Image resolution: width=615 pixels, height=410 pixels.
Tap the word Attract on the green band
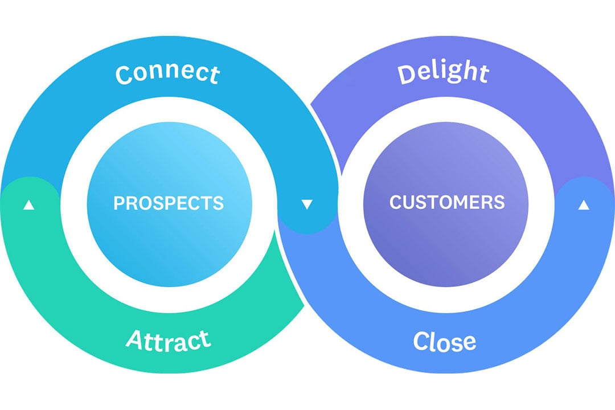(169, 340)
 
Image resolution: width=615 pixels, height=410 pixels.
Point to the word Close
(445, 341)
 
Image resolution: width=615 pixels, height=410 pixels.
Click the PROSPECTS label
(169, 203)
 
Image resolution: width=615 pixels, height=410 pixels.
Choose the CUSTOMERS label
(447, 202)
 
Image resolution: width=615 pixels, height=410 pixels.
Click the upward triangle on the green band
(28, 204)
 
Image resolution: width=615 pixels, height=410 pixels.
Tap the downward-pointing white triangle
(307, 204)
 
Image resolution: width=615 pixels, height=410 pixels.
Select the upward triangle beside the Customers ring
(583, 204)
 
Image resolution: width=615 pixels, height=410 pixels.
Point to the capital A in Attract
(134, 340)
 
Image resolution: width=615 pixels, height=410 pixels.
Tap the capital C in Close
(421, 342)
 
